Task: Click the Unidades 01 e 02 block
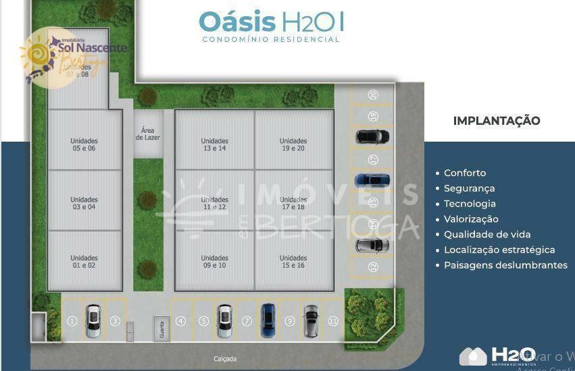(x=84, y=261)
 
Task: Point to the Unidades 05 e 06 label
(x=84, y=144)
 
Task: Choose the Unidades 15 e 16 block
(x=293, y=261)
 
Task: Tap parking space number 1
(x=72, y=321)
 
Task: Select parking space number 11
(x=332, y=321)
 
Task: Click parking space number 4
(x=180, y=321)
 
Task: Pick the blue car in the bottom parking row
(x=268, y=320)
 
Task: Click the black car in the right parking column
(x=372, y=137)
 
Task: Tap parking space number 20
(x=373, y=95)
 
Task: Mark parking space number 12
(x=373, y=268)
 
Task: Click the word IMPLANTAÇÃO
(x=497, y=121)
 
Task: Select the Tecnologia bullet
(x=470, y=204)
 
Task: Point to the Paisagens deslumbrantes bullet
(x=505, y=265)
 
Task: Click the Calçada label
(x=225, y=359)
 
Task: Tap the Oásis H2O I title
(x=271, y=22)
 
